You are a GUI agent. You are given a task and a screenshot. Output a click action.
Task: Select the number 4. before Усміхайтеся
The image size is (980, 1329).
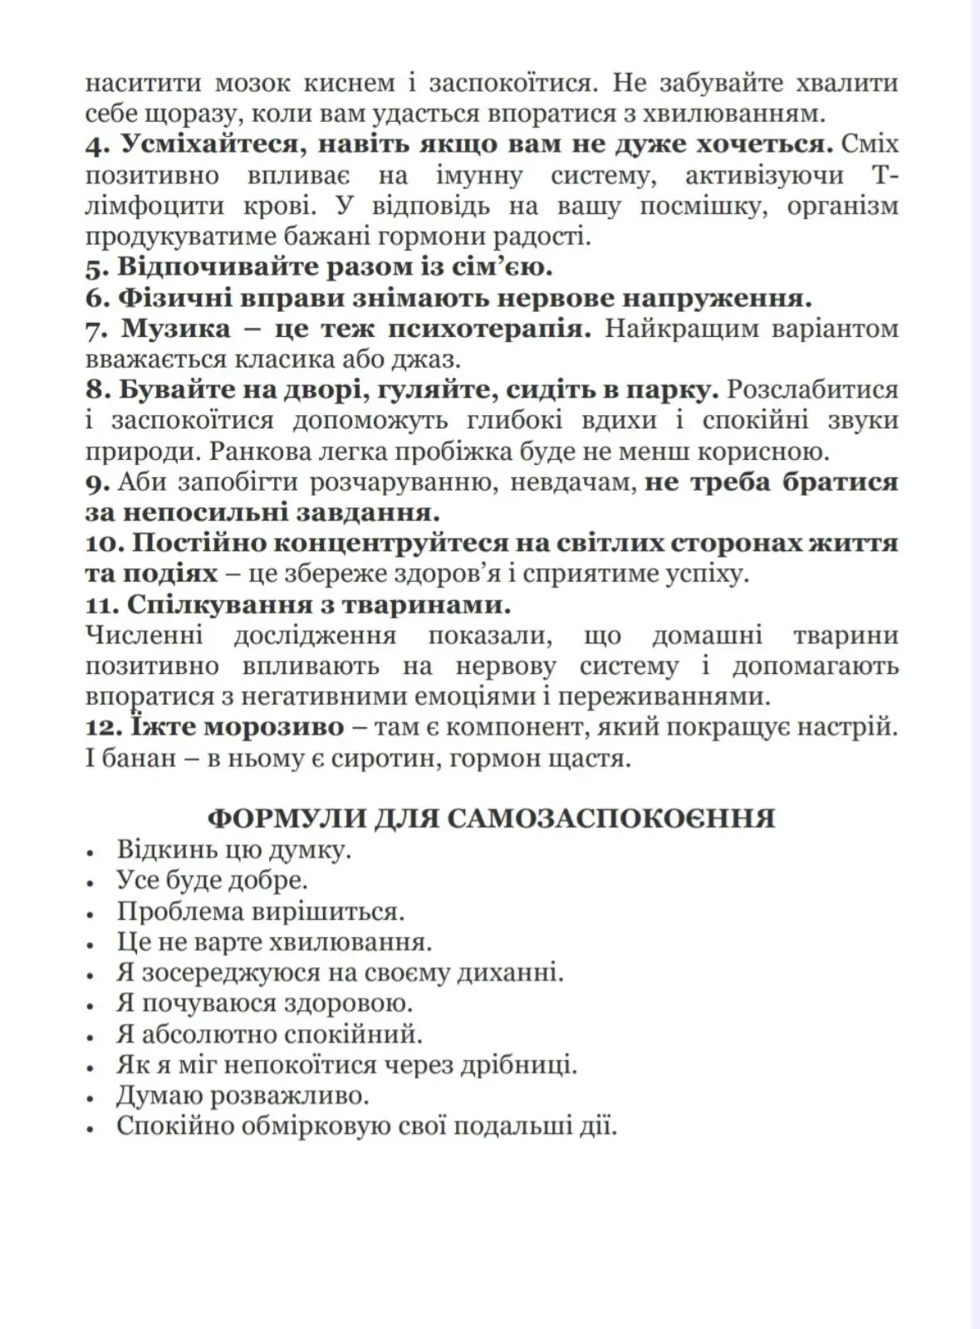(x=96, y=144)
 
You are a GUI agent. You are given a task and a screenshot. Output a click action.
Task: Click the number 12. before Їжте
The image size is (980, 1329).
(x=102, y=727)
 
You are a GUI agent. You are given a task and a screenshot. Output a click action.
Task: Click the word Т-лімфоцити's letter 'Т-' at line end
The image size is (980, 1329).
(x=887, y=175)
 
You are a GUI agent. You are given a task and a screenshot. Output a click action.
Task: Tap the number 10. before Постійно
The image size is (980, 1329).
(x=105, y=543)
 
